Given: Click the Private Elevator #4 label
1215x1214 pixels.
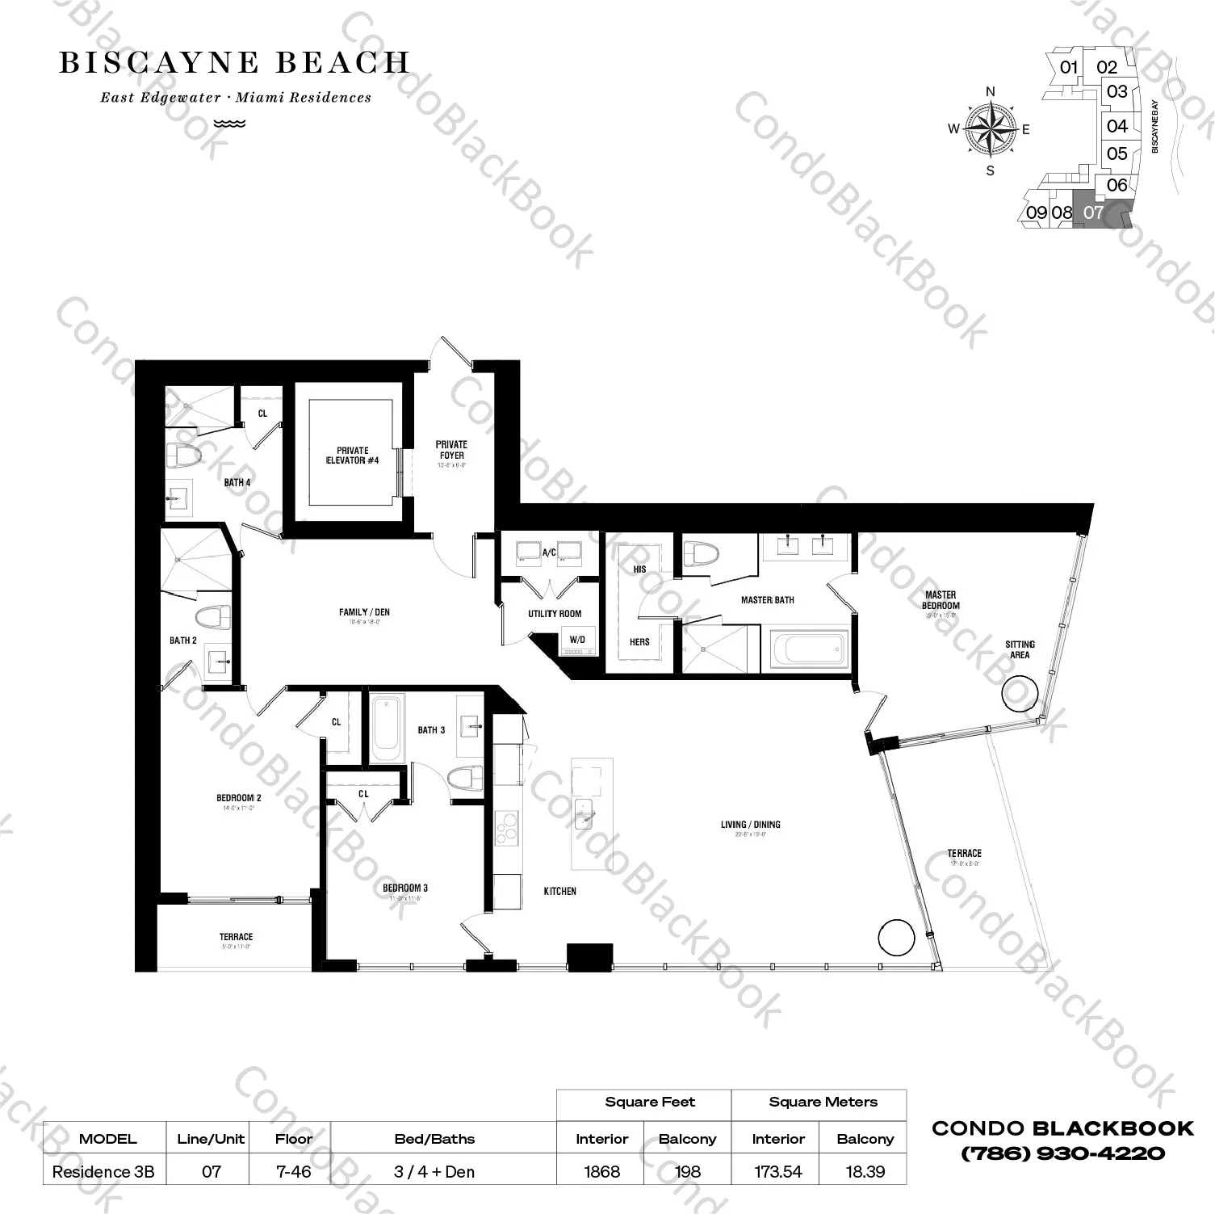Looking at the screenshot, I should [352, 456].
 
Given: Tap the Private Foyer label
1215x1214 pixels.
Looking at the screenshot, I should [451, 450].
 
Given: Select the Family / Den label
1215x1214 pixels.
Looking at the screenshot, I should [364, 612].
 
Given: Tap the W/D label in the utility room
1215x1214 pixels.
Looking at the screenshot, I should [577, 640].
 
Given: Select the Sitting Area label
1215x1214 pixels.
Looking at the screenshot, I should [1020, 649].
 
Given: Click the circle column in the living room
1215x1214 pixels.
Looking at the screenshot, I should [896, 939].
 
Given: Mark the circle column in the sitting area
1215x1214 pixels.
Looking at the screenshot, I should [1020, 693].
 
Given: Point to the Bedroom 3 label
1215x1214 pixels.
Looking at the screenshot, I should [405, 888].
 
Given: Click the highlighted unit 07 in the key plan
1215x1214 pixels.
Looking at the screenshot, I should [1094, 212].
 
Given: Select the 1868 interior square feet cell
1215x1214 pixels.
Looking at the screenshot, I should [601, 1171].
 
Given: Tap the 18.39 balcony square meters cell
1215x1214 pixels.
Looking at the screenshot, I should [865, 1171].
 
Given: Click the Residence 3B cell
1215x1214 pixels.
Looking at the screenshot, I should [103, 1171].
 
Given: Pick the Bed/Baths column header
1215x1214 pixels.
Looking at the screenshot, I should [434, 1139].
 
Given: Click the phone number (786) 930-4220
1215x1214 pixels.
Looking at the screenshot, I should [1062, 1153].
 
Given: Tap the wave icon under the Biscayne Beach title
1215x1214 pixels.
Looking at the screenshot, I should [230, 124].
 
